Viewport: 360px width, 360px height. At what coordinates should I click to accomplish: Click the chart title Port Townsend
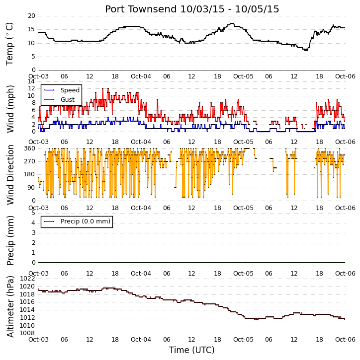tap(141, 9)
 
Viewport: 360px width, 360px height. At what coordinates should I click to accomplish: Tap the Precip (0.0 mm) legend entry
tap(77, 221)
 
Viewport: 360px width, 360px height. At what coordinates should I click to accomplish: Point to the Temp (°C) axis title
tap(9, 44)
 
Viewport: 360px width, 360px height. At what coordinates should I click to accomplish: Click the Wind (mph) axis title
tap(10, 109)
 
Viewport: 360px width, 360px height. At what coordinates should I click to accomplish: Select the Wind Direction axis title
tap(10, 175)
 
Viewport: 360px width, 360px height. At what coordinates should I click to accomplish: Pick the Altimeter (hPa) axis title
tap(10, 306)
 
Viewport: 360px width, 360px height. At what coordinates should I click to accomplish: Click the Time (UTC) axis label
tap(192, 350)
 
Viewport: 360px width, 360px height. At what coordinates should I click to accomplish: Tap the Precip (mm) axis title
tap(10, 240)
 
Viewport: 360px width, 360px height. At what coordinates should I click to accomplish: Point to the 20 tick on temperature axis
tap(31, 16)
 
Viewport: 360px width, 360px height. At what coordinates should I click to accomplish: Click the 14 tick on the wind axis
tap(31, 81)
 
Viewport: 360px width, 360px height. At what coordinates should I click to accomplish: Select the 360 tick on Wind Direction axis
tap(30, 148)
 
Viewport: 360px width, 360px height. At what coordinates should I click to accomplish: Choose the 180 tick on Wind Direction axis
tap(30, 174)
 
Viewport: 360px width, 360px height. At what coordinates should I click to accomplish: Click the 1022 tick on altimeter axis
tap(27, 279)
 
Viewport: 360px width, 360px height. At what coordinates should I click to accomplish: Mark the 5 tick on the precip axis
tap(33, 213)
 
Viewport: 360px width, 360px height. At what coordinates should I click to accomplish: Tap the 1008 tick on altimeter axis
tap(27, 333)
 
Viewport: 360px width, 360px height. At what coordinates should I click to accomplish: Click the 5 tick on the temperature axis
tap(33, 57)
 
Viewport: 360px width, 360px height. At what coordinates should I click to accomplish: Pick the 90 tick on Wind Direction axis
tap(31, 188)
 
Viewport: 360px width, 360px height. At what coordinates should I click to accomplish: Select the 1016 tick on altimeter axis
tap(27, 302)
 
